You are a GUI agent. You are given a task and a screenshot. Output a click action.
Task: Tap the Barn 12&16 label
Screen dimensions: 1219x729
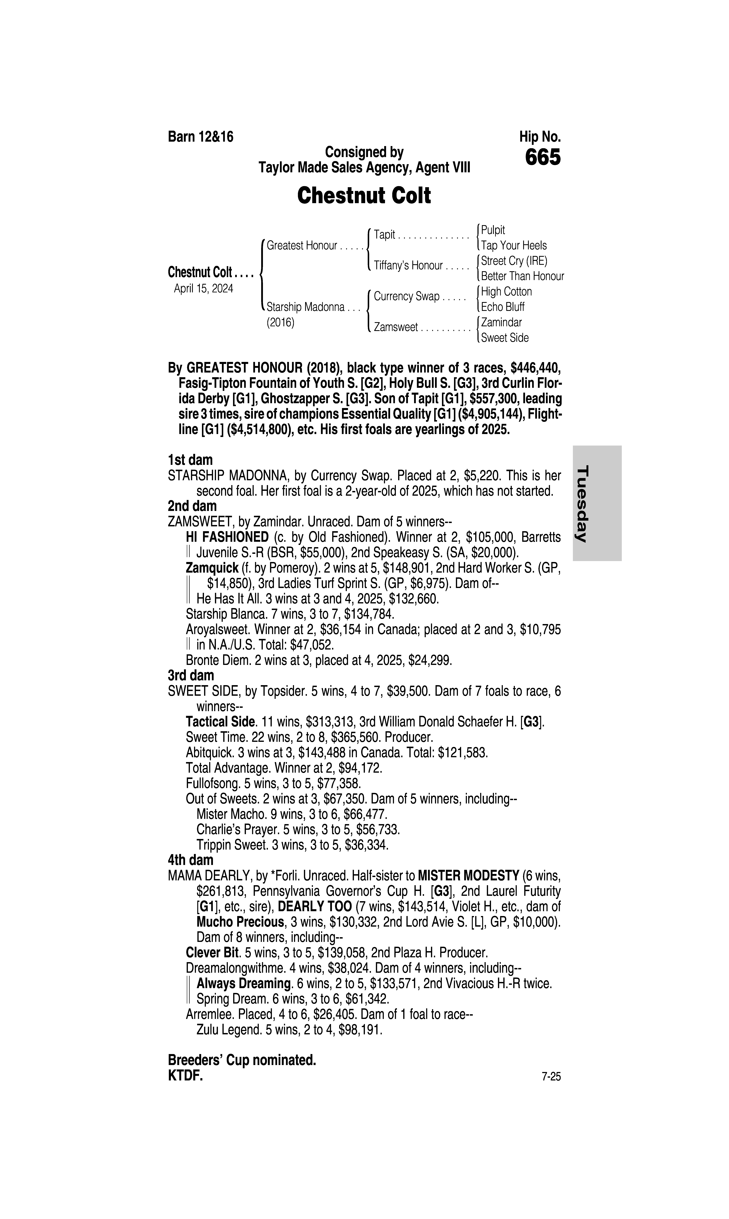(200, 137)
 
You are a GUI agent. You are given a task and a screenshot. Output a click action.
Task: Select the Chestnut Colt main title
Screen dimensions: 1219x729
(364, 196)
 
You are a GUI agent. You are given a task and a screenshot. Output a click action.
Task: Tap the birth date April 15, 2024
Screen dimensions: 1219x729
(203, 288)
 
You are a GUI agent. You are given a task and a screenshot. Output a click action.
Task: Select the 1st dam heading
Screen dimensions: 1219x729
(190, 460)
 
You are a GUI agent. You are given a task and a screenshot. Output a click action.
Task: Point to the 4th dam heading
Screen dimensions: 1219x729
(191, 860)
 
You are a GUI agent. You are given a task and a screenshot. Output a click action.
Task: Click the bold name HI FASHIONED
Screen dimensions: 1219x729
(227, 537)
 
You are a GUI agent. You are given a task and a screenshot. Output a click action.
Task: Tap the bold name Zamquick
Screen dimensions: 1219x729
(212, 568)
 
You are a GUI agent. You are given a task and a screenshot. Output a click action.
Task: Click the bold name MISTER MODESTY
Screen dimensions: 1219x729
(468, 876)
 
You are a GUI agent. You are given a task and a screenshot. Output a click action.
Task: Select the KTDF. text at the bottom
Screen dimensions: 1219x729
(185, 1076)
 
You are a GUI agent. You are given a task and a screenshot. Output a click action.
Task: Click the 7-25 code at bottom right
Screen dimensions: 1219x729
(551, 1077)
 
